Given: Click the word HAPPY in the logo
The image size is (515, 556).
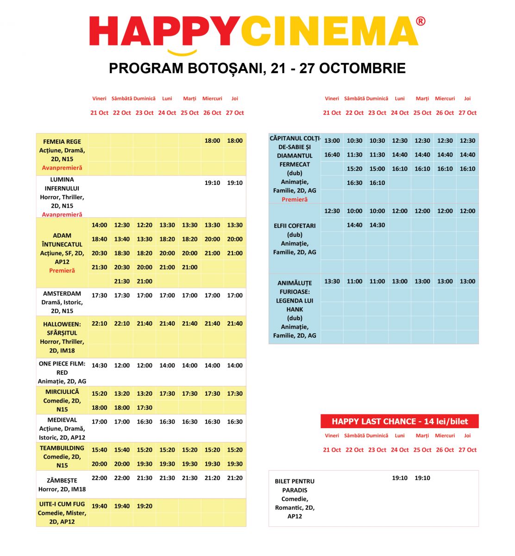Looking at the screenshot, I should (164, 32).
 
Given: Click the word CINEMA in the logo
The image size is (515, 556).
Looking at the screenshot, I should (329, 32).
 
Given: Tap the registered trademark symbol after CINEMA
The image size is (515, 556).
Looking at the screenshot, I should (421, 21).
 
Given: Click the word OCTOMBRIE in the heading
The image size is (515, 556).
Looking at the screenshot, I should (362, 68).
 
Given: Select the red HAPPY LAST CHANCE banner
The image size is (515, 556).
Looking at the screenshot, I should (399, 421).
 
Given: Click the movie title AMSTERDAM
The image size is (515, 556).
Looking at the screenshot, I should (62, 293).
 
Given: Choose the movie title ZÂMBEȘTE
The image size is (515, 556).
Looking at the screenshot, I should (62, 480).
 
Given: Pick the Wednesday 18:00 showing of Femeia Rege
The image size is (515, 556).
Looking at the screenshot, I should (212, 140).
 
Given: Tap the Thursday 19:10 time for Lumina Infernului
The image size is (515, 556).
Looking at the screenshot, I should (235, 183).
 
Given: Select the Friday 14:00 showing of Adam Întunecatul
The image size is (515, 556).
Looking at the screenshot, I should (99, 225).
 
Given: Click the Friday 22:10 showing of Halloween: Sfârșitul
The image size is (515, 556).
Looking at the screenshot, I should (99, 323).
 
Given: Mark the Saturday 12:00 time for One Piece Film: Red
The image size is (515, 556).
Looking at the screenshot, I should (122, 365).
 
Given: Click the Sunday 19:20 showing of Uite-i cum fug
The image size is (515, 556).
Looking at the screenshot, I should (144, 506).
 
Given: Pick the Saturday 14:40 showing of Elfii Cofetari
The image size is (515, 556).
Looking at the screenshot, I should (354, 225).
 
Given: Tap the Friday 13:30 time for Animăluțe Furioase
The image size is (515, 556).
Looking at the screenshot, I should (332, 281).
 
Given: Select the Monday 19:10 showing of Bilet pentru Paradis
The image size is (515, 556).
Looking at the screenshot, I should (400, 478).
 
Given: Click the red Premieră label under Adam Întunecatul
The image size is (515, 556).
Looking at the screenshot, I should (62, 271).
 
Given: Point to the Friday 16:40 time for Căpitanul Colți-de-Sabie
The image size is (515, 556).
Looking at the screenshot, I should (332, 155).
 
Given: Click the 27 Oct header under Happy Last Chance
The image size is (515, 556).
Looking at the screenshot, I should (467, 449).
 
